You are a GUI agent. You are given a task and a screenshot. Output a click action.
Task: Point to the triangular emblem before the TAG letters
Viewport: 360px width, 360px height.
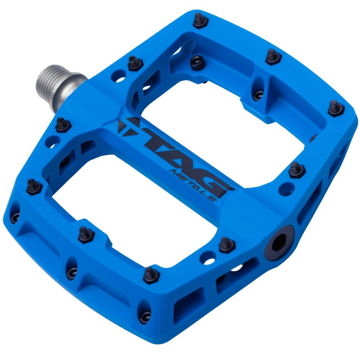pyautogui.click(x=126, y=124)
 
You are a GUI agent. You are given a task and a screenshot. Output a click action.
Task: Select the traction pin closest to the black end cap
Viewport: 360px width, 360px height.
pyautogui.click(x=227, y=244)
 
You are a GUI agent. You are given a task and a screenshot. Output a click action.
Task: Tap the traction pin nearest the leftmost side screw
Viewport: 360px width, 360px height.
pyautogui.click(x=34, y=186)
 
